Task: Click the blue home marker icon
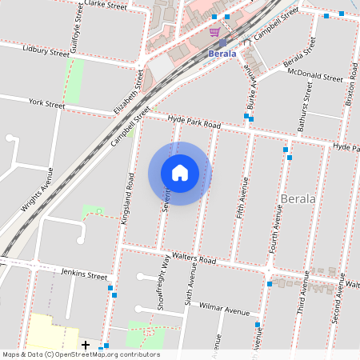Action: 180,173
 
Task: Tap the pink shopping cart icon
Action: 214,32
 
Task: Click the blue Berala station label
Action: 222,54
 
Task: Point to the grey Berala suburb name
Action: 298,198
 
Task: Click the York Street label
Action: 46,103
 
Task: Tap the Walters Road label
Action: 195,260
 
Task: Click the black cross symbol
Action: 86,345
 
